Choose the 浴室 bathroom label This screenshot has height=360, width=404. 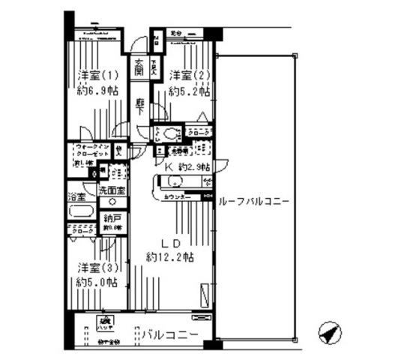[x=76, y=197]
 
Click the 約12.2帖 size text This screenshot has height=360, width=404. [x=171, y=257]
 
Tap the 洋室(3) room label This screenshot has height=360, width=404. [x=94, y=268]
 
